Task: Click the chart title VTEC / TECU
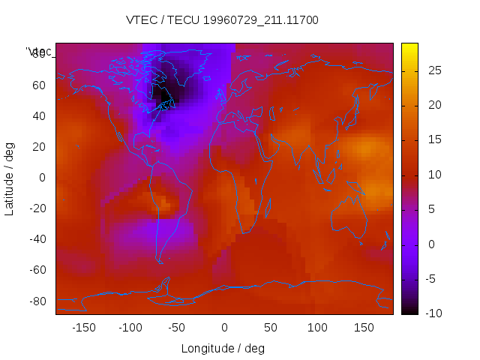pyautogui.click(x=163, y=20)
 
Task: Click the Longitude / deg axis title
pyautogui.click(x=223, y=348)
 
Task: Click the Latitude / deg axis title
pyautogui.click(x=10, y=178)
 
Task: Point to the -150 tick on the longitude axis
pyautogui.click(x=83, y=327)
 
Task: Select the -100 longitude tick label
pyautogui.click(x=130, y=327)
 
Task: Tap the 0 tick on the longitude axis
pyautogui.click(x=224, y=327)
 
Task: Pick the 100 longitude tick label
pyautogui.click(x=317, y=327)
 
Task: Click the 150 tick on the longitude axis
pyautogui.click(x=364, y=327)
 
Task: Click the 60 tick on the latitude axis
pyautogui.click(x=40, y=85)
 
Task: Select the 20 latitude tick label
pyautogui.click(x=40, y=147)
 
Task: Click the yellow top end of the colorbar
pyautogui.click(x=409, y=47)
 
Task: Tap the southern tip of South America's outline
pyautogui.click(x=160, y=261)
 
